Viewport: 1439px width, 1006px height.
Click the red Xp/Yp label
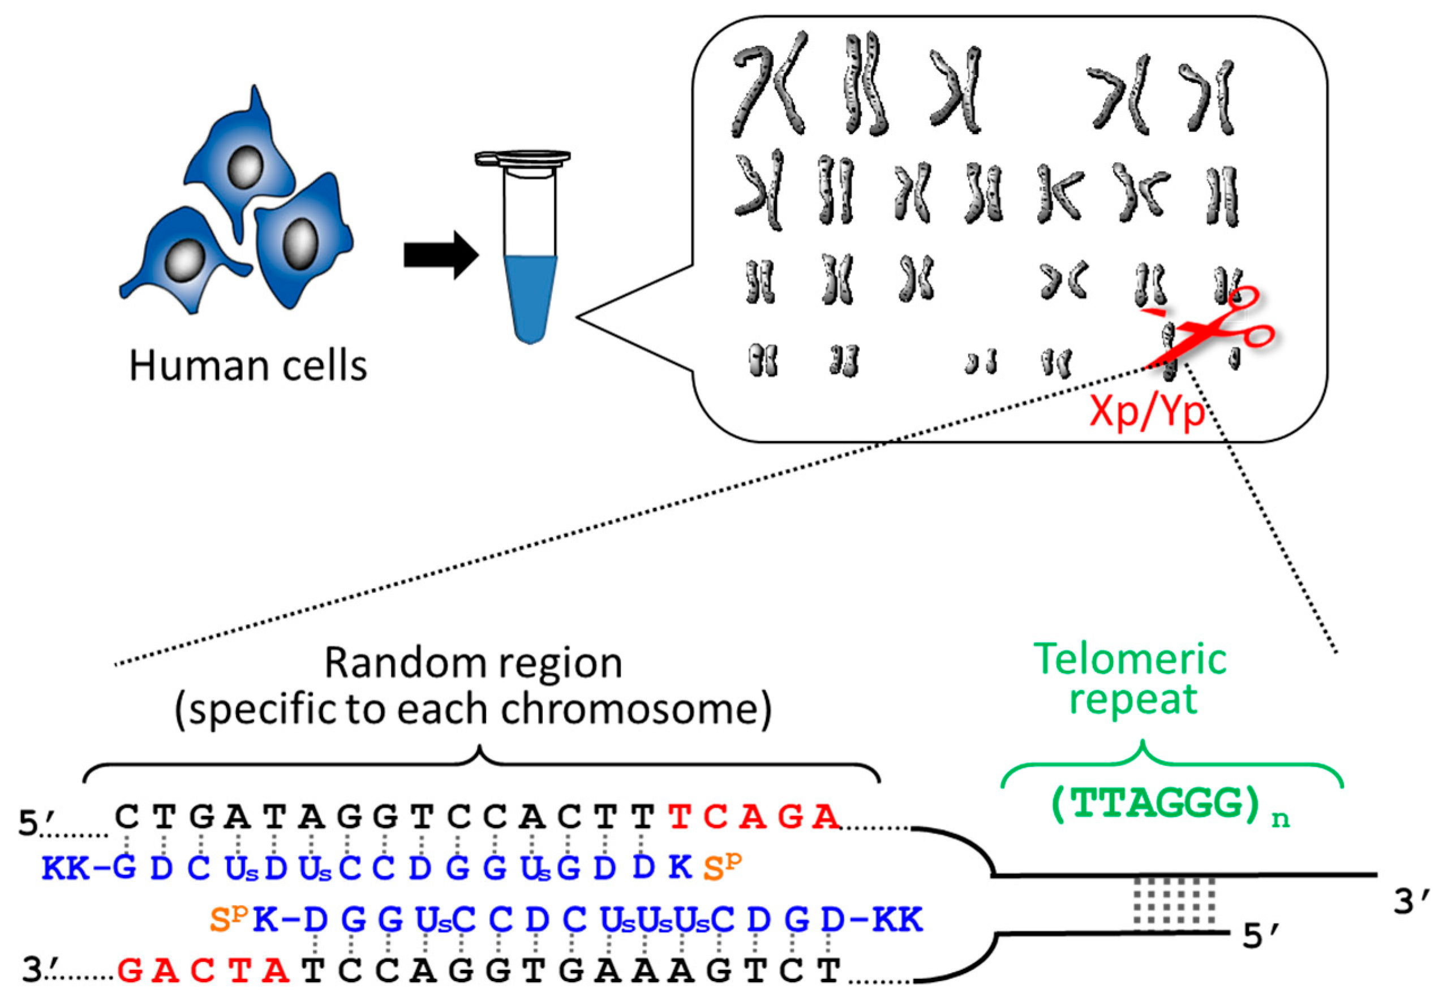[x=1147, y=412]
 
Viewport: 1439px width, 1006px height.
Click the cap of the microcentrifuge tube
[x=522, y=158]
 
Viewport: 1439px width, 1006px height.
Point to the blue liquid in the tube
[x=530, y=295]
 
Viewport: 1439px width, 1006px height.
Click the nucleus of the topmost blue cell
[x=244, y=167]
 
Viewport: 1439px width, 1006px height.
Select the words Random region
[x=473, y=663]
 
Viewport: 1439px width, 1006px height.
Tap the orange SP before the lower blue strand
[x=229, y=919]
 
